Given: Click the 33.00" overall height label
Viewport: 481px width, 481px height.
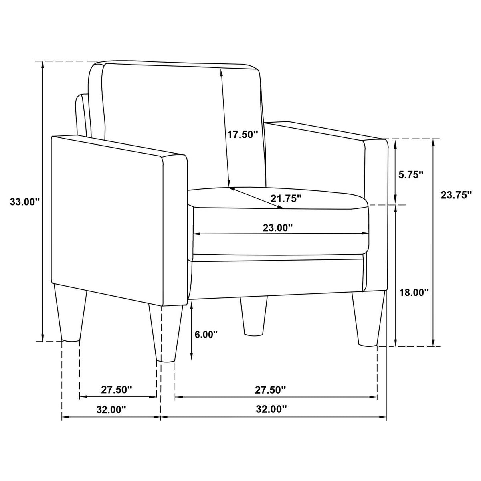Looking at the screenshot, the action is (x=25, y=202).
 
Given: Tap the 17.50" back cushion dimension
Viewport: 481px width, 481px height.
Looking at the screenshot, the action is (x=242, y=135).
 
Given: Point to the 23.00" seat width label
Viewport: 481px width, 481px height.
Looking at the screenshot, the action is (x=277, y=228).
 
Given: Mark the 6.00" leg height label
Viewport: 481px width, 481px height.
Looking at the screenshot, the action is (x=206, y=334).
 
